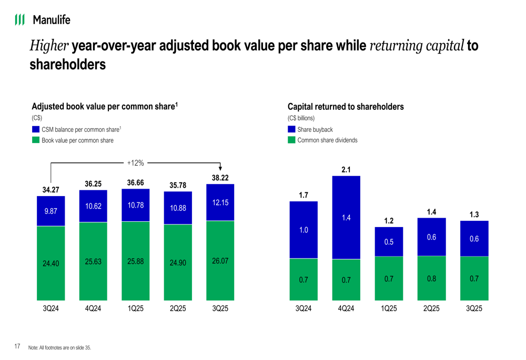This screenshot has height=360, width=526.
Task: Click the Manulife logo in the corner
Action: click(x=42, y=20)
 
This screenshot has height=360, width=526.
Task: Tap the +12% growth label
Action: click(x=135, y=163)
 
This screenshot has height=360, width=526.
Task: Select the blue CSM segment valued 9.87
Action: click(x=50, y=211)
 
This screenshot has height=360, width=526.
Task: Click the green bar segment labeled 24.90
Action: click(x=178, y=263)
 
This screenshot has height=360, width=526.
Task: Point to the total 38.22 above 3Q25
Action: click(x=220, y=178)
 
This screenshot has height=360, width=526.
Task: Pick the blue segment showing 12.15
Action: click(x=220, y=202)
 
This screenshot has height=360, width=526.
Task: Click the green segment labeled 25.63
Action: click(x=93, y=261)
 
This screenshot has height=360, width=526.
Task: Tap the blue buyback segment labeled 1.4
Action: click(x=346, y=218)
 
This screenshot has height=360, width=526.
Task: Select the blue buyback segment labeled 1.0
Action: click(x=304, y=230)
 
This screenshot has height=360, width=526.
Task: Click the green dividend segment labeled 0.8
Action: click(x=431, y=278)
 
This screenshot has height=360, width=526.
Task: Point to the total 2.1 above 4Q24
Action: click(x=346, y=169)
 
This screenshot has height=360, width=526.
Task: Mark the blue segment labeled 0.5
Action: click(x=389, y=242)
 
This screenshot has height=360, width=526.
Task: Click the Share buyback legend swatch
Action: click(x=291, y=129)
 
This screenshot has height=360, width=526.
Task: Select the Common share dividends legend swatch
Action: click(x=291, y=140)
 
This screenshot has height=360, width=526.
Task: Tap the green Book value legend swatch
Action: click(x=36, y=140)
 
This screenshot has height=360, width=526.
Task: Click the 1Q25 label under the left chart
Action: click(x=135, y=309)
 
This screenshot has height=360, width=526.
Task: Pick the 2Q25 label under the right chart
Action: click(x=431, y=309)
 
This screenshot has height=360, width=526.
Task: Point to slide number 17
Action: click(x=17, y=346)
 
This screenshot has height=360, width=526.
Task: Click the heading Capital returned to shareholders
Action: click(x=346, y=107)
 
